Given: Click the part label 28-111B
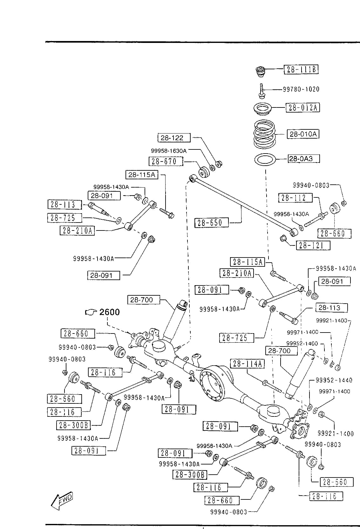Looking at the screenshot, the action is (301, 69).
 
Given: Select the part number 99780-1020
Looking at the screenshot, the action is (301, 89).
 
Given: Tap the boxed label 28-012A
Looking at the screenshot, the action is (302, 108).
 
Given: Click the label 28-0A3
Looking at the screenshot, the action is (304, 159).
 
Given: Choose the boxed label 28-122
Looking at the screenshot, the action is (174, 138).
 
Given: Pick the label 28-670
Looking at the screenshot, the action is (166, 161).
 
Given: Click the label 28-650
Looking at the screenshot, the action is (212, 223).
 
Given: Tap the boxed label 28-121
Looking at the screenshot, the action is (313, 245).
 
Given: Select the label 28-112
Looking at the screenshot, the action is (295, 198).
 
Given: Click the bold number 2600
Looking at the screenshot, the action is (110, 312).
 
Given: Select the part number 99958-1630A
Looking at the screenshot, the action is (169, 151).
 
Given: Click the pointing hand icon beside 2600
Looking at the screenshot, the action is (91, 312).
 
